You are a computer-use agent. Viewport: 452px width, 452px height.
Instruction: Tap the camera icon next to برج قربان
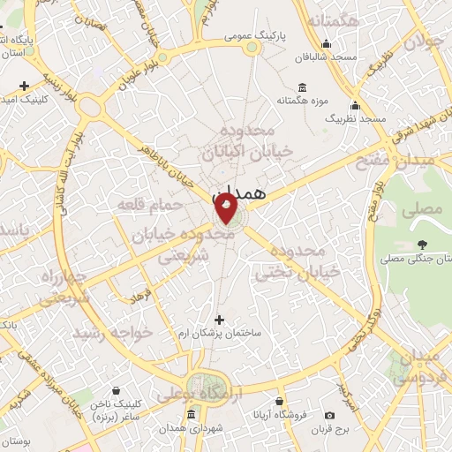330,415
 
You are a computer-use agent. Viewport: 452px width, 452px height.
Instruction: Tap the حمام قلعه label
150,205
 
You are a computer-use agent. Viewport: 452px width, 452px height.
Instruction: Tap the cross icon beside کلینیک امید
24,87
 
